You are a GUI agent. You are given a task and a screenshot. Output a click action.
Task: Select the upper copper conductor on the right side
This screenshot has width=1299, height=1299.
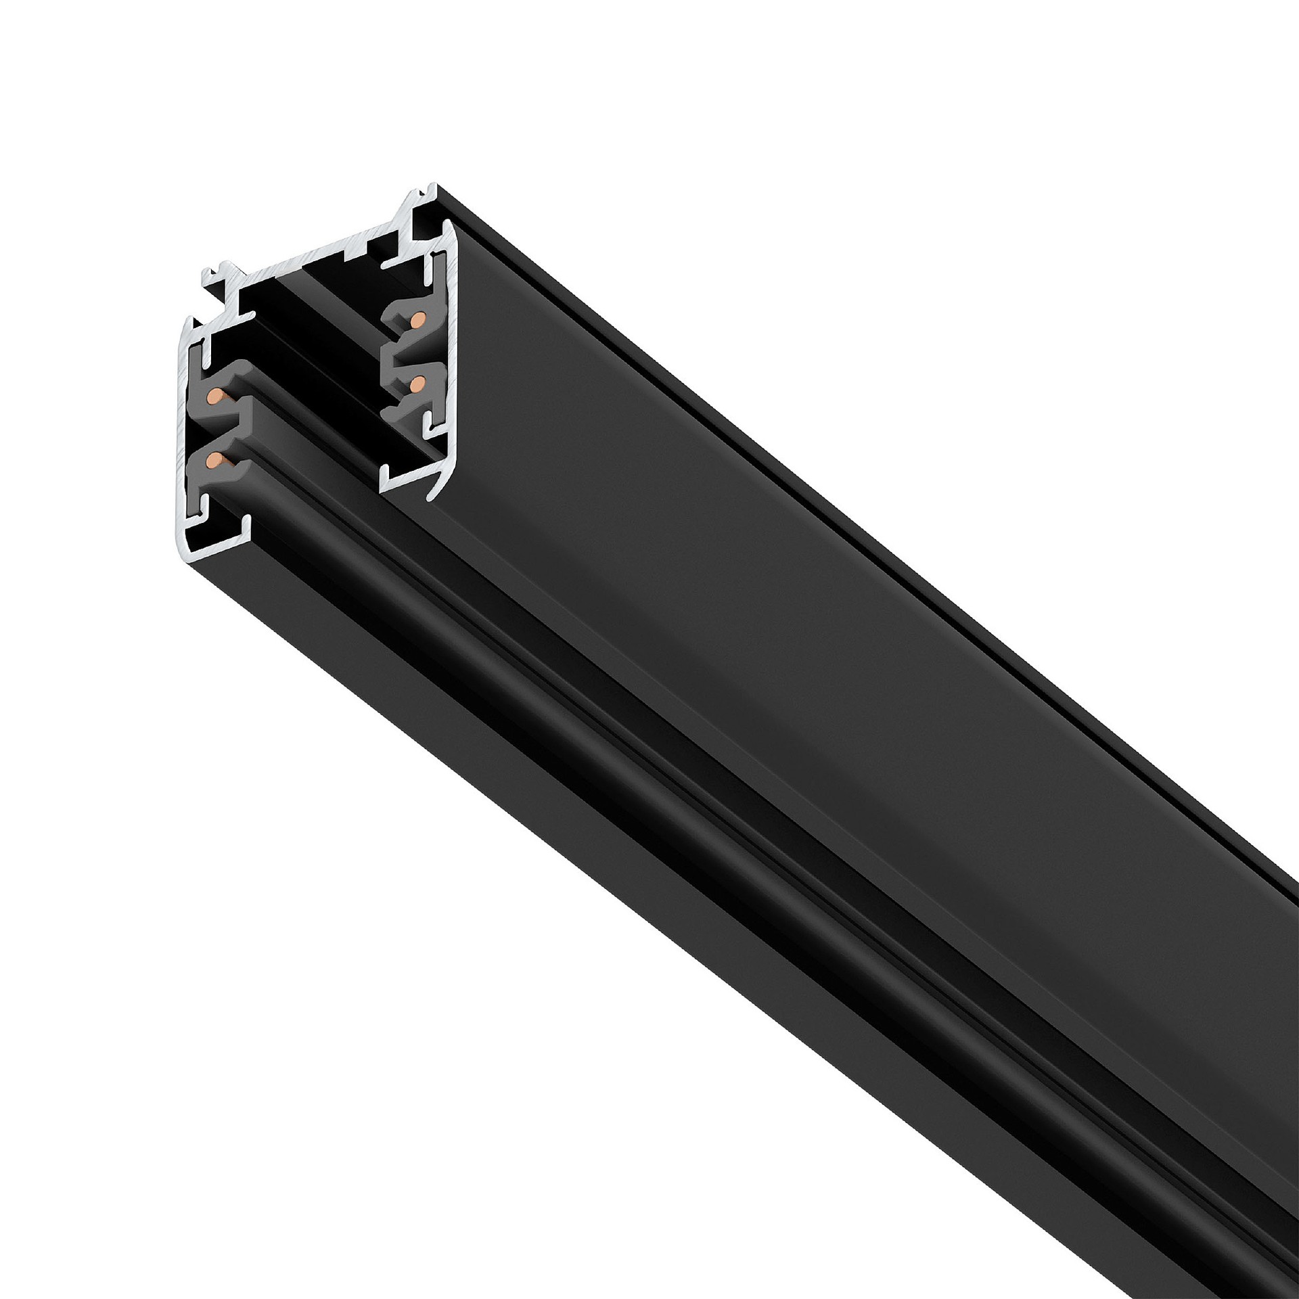tap(420, 317)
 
